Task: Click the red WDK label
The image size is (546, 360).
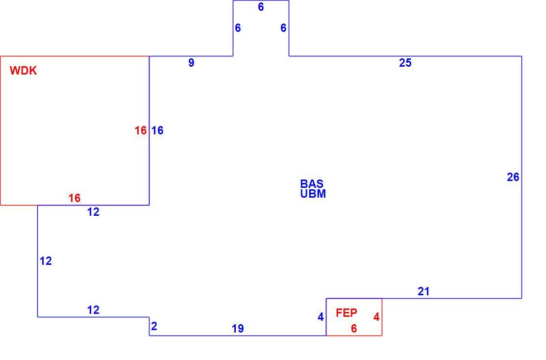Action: [x=24, y=71]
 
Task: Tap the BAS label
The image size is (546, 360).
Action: [x=312, y=183]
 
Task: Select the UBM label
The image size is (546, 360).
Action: [x=313, y=194]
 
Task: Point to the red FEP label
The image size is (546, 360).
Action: [x=347, y=313]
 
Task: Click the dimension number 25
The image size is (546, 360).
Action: [x=405, y=63]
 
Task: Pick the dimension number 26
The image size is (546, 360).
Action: [x=513, y=177]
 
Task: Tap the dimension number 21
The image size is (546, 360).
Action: [x=423, y=291]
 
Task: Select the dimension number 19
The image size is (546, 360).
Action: [x=238, y=329]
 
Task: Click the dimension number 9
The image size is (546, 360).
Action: [x=191, y=63]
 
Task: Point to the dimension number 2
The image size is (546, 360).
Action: [x=154, y=326]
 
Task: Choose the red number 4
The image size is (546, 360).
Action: [x=376, y=317]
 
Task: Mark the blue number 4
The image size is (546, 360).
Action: [x=321, y=317]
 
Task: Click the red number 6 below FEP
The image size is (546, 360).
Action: [x=354, y=329]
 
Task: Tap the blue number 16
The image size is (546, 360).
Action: [x=157, y=130]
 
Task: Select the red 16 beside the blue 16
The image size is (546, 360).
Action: [x=141, y=130]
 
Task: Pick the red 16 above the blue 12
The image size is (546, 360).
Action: [x=74, y=198]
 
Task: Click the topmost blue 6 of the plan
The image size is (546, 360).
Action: [x=261, y=7]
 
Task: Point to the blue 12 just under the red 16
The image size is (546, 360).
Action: [x=93, y=212]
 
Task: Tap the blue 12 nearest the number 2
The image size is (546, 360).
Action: [x=93, y=310]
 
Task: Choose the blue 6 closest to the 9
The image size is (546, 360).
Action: [x=238, y=28]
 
